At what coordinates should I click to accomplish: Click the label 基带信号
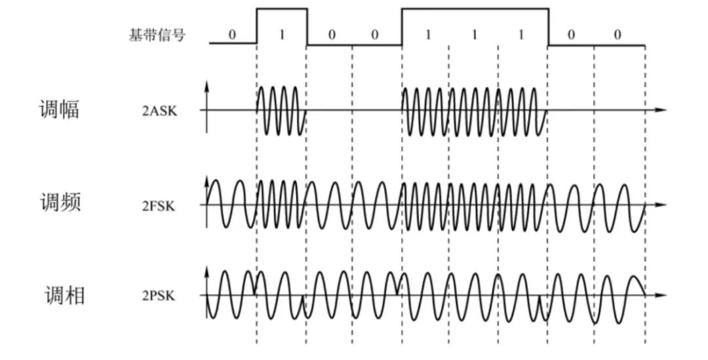click(x=157, y=35)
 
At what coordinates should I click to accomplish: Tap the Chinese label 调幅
click(x=60, y=109)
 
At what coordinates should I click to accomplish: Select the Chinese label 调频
click(x=60, y=203)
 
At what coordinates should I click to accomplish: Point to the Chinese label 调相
click(x=64, y=295)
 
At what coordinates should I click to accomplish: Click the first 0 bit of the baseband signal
click(x=232, y=35)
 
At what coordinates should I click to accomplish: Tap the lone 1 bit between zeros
click(x=281, y=35)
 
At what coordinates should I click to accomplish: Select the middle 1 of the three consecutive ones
click(x=473, y=35)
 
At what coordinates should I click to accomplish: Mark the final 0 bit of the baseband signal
click(x=618, y=35)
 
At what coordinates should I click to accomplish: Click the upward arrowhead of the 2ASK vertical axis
click(x=207, y=86)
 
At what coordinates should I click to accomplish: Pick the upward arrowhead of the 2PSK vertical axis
click(x=207, y=270)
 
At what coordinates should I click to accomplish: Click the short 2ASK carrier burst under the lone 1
click(x=281, y=110)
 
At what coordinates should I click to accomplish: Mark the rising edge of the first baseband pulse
click(x=256, y=26)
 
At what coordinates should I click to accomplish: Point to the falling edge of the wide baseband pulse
click(x=548, y=26)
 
